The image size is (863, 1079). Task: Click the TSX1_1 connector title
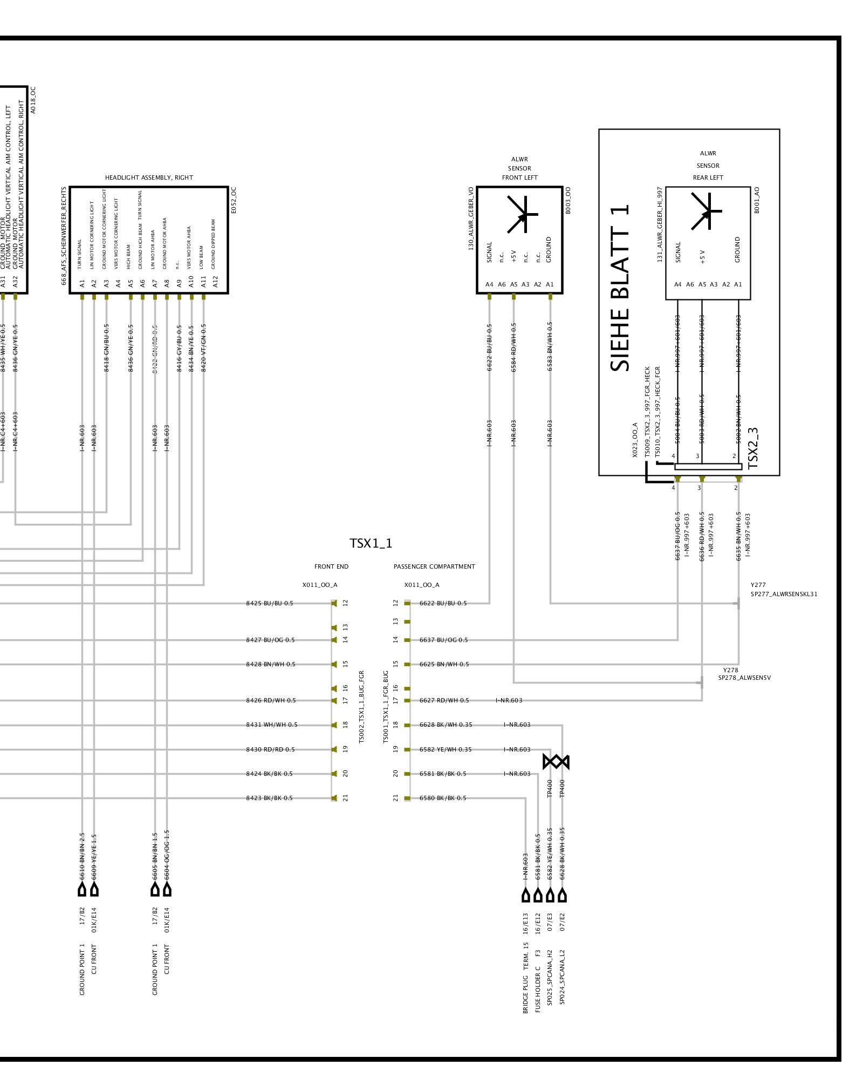point(371,543)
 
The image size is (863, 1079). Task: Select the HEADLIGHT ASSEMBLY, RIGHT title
point(149,177)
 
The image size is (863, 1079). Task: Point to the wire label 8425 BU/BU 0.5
point(270,603)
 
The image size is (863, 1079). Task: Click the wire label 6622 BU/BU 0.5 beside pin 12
point(443,603)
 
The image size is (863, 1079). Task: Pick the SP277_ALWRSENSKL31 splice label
point(784,594)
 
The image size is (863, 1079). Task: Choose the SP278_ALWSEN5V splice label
point(744,678)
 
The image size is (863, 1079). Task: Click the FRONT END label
point(331,566)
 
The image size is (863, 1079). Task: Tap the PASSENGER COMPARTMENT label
point(434,566)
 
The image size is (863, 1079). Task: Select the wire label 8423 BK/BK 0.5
point(269,798)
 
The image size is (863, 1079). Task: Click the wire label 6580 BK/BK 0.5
point(443,798)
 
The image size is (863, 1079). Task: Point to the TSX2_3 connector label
point(754,448)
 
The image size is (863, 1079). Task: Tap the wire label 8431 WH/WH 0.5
point(272,725)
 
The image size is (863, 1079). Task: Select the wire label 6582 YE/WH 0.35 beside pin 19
point(446,749)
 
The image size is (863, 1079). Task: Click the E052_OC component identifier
point(234,200)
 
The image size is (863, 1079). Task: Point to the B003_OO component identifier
point(567,201)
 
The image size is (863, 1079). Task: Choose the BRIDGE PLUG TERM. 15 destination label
point(525,978)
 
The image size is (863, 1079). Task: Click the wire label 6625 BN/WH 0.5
point(444,664)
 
